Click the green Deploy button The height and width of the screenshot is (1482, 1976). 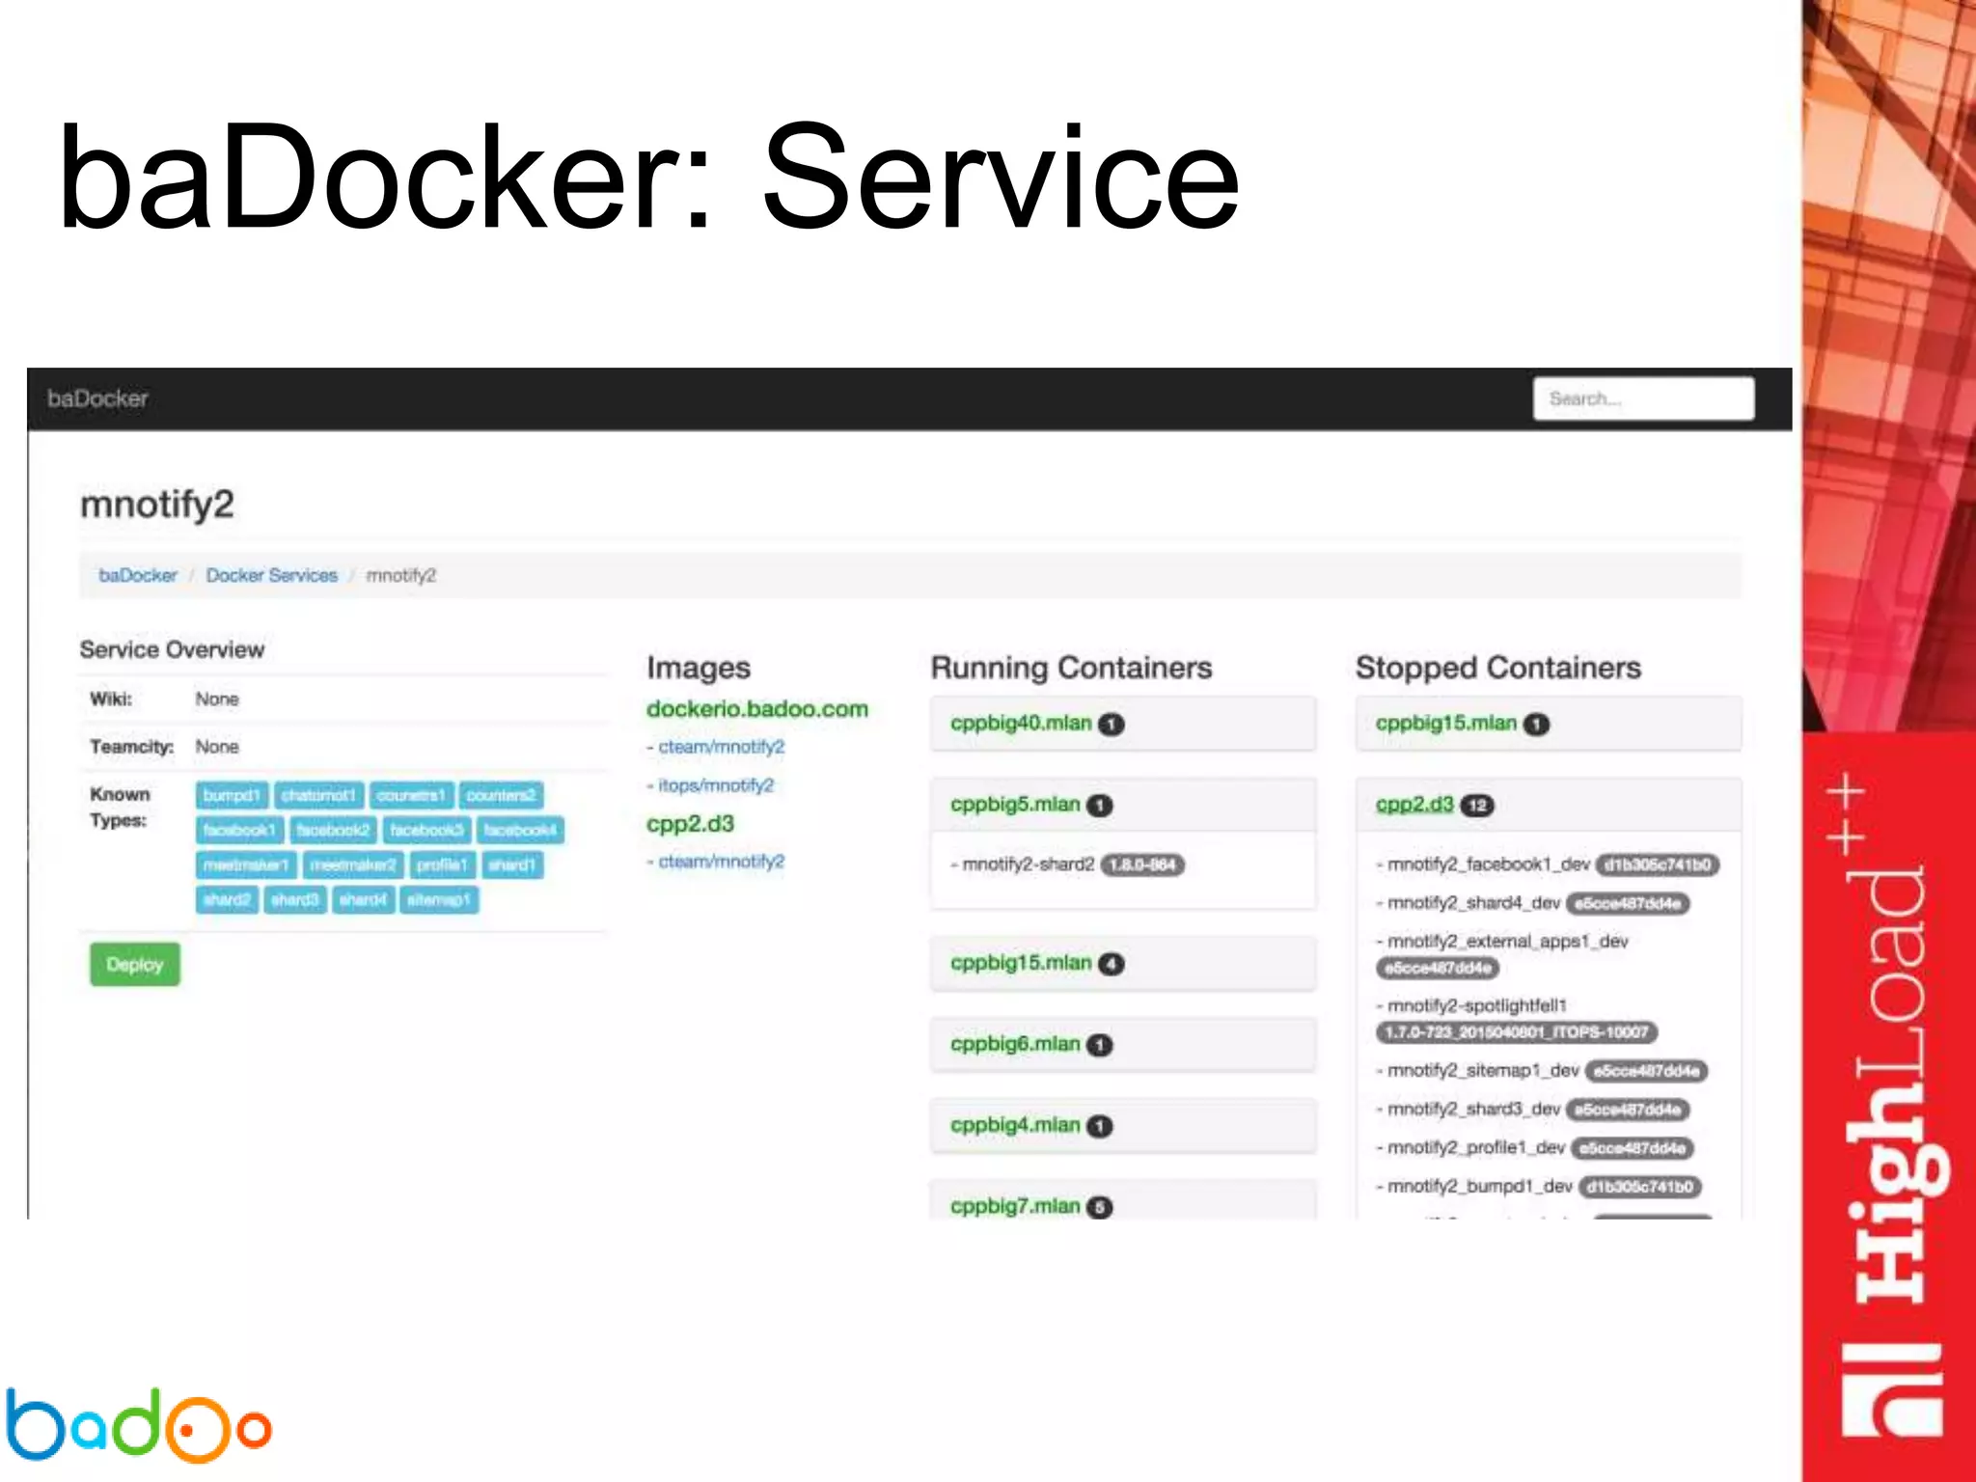tap(135, 964)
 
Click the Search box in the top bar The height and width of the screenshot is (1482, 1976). tap(1643, 398)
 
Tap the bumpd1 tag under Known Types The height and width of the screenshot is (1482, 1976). tap(232, 795)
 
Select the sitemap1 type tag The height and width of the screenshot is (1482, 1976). tap(438, 899)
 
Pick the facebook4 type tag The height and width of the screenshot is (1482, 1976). tap(520, 830)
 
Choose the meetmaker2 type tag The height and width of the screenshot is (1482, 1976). tap(353, 864)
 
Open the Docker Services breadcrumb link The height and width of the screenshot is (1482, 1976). tap(271, 575)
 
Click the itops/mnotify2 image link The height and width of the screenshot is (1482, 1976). tap(716, 785)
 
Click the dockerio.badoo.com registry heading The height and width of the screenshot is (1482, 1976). tap(757, 709)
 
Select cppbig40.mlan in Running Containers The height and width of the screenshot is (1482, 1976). tap(1021, 724)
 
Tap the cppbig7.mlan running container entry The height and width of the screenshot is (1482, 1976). tap(1015, 1206)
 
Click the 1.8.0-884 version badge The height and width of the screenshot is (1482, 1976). tap(1142, 864)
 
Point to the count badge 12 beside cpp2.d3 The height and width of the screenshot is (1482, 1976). tap(1477, 806)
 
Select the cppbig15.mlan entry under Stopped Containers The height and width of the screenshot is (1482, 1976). tap(1446, 724)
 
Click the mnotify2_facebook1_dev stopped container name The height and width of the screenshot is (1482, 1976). tap(1488, 864)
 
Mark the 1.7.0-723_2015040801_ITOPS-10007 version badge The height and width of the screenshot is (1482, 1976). tap(1516, 1032)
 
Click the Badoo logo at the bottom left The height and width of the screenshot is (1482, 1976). tap(138, 1424)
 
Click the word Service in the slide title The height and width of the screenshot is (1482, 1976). tap(1001, 178)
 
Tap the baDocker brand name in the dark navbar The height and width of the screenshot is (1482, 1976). tap(97, 398)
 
